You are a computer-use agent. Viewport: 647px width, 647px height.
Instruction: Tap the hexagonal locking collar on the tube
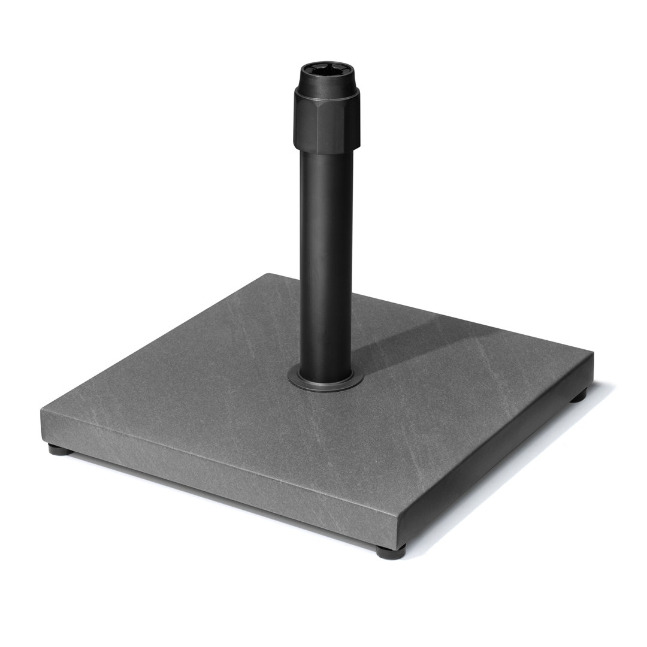point(326,120)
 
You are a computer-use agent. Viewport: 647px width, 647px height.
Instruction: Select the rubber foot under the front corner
point(391,551)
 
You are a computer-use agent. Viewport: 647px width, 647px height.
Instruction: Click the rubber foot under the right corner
point(578,395)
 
